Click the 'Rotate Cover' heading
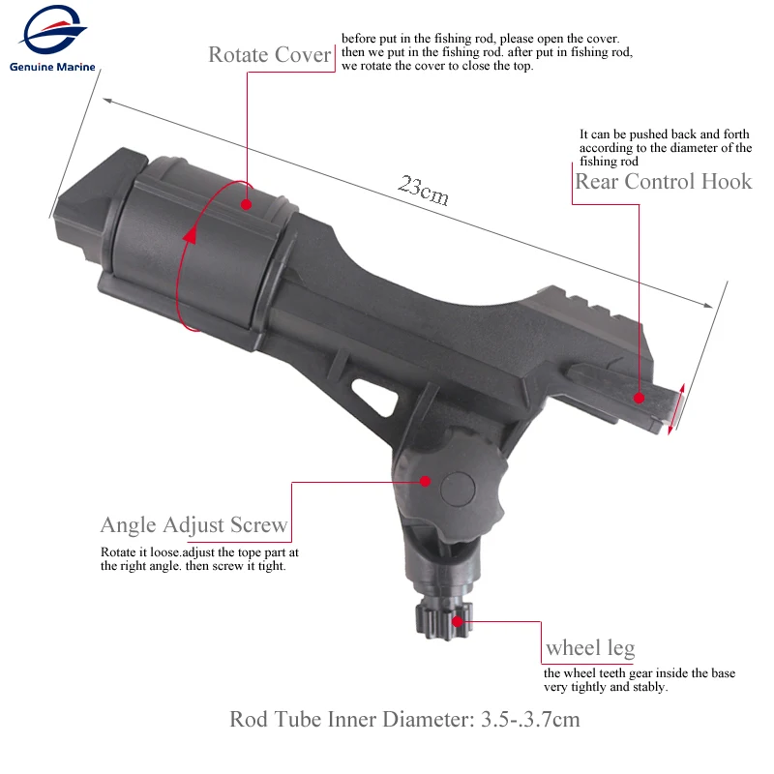pyautogui.click(x=271, y=55)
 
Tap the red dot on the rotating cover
pyautogui.click(x=247, y=204)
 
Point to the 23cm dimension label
pyautogui.click(x=423, y=190)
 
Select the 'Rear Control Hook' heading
pyautogui.click(x=663, y=182)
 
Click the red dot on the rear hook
pyautogui.click(x=639, y=396)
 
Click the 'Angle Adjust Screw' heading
pyautogui.click(x=194, y=525)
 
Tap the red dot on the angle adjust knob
pyautogui.click(x=425, y=480)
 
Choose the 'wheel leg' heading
pyautogui.click(x=590, y=647)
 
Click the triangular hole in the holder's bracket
pyautogui.click(x=377, y=396)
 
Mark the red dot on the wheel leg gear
pyautogui.click(x=443, y=622)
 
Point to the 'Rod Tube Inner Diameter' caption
pyautogui.click(x=404, y=720)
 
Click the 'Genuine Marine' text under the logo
pyautogui.click(x=56, y=68)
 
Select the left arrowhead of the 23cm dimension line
pyautogui.click(x=106, y=99)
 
